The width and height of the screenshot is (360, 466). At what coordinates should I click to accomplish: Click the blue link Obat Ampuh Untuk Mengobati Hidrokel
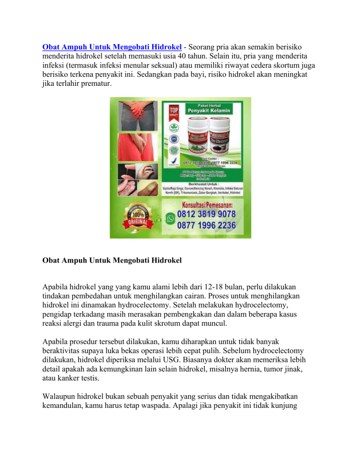coord(112,47)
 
